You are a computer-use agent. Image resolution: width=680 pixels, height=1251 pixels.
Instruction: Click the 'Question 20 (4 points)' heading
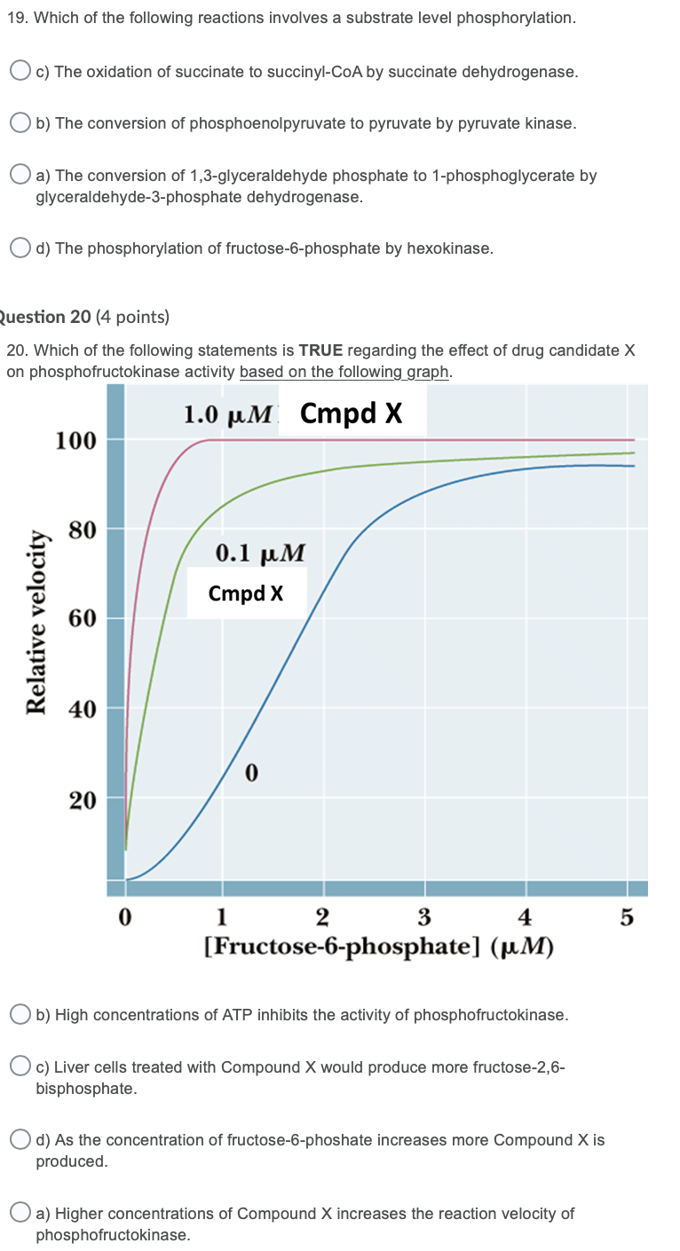tap(85, 317)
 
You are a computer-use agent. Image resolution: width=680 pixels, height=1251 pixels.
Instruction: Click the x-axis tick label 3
tap(424, 917)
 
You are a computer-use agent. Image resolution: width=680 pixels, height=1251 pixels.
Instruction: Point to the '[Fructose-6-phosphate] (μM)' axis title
tap(378, 947)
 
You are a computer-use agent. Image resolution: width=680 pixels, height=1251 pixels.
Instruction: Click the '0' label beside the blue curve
tap(251, 775)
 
